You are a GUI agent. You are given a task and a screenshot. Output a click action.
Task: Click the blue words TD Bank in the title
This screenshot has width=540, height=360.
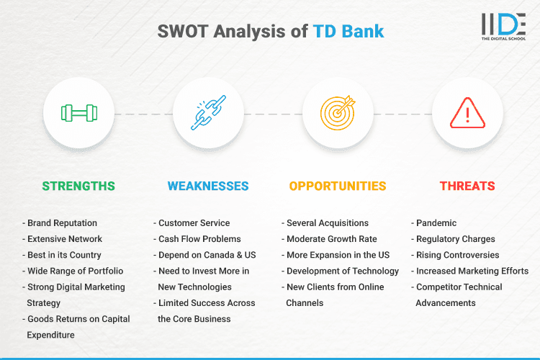pyautogui.click(x=348, y=32)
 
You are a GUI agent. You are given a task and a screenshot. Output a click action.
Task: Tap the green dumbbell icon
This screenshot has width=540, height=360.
pyautogui.click(x=78, y=113)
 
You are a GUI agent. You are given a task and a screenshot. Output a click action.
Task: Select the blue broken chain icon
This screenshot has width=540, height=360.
pyautogui.click(x=208, y=113)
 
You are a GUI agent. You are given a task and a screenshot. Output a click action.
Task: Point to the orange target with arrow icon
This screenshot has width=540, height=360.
pyautogui.click(x=338, y=113)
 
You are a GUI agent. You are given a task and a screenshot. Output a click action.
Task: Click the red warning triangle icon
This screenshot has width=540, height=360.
pyautogui.click(x=467, y=113)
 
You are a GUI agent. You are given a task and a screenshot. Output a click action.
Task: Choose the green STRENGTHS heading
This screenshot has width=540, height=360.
pyautogui.click(x=78, y=186)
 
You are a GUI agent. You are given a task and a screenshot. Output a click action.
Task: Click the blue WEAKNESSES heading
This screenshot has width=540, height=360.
pyautogui.click(x=208, y=186)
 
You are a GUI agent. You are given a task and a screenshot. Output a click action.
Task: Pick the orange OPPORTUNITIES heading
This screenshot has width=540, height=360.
pyautogui.click(x=338, y=186)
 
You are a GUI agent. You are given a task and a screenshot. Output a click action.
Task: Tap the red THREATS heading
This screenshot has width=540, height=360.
pyautogui.click(x=467, y=186)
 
